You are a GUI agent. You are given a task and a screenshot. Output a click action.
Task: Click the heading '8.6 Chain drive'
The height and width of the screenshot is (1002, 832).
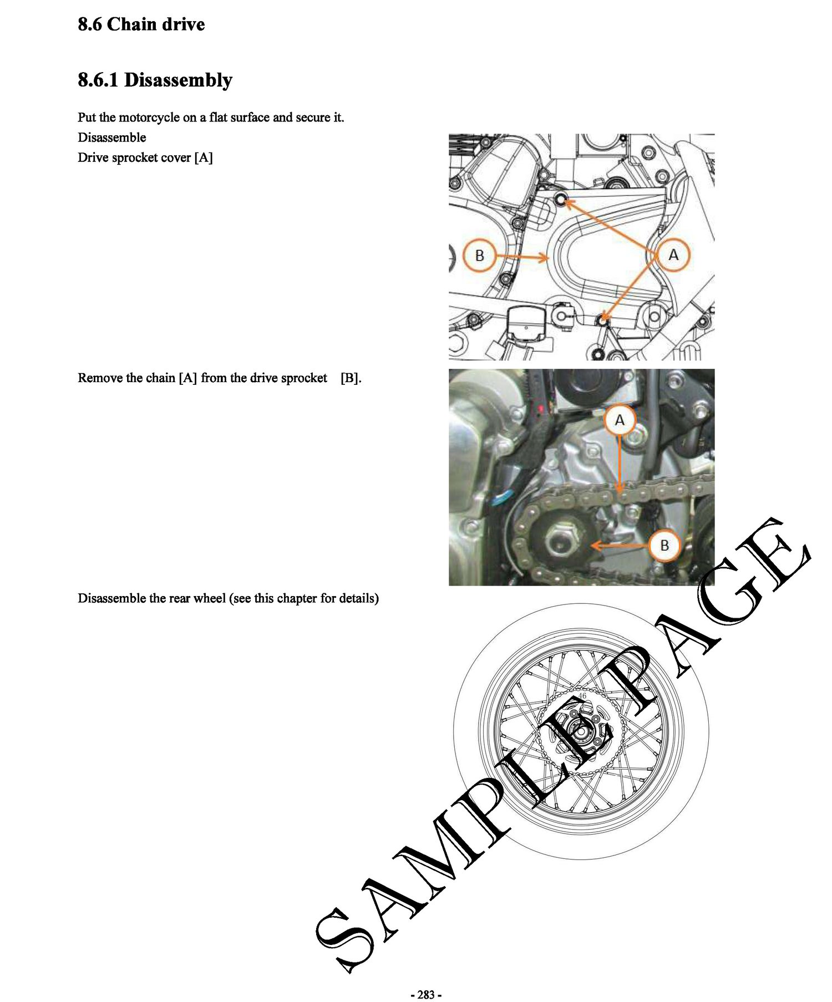[141, 24]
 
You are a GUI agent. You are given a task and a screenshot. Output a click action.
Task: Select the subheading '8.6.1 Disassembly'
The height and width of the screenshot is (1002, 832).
[155, 80]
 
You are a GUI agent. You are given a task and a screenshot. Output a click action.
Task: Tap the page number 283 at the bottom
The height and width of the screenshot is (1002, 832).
[426, 994]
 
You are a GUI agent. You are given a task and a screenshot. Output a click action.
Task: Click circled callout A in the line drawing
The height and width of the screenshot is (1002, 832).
[673, 255]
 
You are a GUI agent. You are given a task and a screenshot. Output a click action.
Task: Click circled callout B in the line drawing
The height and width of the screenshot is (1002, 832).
[480, 256]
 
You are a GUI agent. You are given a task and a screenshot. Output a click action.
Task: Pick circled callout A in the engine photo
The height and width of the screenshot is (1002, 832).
[620, 420]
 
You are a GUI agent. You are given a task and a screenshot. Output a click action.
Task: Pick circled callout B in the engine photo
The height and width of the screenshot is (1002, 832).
[664, 546]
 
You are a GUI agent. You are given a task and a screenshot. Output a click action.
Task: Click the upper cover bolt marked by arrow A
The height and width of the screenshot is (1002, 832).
[561, 200]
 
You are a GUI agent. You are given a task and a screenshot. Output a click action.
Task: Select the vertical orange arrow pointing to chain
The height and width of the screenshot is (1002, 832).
[620, 464]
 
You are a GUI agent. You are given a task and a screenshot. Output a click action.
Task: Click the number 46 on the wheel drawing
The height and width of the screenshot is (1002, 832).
[582, 696]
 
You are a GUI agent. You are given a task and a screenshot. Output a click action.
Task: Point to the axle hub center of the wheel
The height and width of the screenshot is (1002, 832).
[581, 731]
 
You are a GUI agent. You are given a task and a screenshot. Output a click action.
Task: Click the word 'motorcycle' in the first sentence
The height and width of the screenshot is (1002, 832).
[149, 118]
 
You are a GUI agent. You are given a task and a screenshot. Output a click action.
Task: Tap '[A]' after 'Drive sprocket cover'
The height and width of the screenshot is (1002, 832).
[204, 157]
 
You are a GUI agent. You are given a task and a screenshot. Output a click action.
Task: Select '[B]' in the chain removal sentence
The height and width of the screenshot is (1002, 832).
[351, 378]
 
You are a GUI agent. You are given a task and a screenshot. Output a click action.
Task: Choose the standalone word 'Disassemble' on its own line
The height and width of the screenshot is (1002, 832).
[112, 138]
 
